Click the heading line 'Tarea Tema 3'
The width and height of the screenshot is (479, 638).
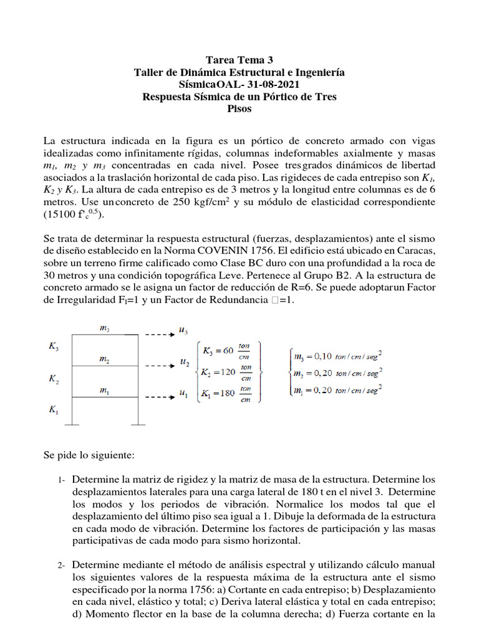tap(239, 60)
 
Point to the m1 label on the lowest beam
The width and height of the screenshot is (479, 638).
tap(104, 390)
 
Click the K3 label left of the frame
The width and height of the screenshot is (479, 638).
tap(54, 346)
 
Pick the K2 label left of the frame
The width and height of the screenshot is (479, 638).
tap(54, 378)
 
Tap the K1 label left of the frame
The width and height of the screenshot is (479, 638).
tap(54, 411)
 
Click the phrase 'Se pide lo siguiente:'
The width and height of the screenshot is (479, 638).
tap(89, 455)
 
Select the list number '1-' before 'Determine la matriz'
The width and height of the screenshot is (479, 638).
tap(60, 480)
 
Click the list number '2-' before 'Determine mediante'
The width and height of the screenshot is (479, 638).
tap(60, 566)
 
